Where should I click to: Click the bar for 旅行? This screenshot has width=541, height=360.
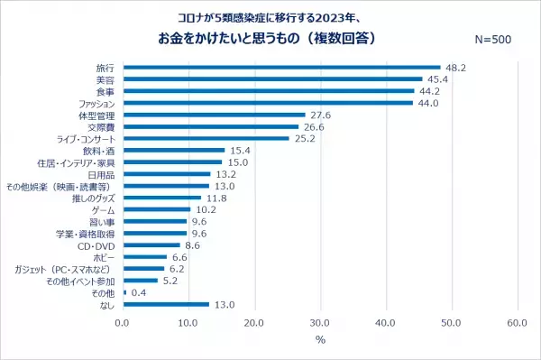tap(281, 67)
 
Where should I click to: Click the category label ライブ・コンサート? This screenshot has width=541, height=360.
tap(86, 138)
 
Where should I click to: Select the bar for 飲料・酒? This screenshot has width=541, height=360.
tap(173, 150)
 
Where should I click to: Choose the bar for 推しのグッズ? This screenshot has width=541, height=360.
tap(161, 198)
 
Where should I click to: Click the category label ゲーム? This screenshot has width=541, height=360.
tap(103, 209)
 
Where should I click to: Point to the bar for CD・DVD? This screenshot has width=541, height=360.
tap(151, 245)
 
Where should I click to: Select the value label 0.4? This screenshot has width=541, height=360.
tap(140, 292)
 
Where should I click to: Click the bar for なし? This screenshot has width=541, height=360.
tap(165, 304)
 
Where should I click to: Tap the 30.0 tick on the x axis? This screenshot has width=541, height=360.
tap(320, 322)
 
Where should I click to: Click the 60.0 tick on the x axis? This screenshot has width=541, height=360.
tap(517, 322)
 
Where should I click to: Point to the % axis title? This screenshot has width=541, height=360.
tap(319, 340)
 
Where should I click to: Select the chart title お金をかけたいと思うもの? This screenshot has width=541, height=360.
tap(261, 40)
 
